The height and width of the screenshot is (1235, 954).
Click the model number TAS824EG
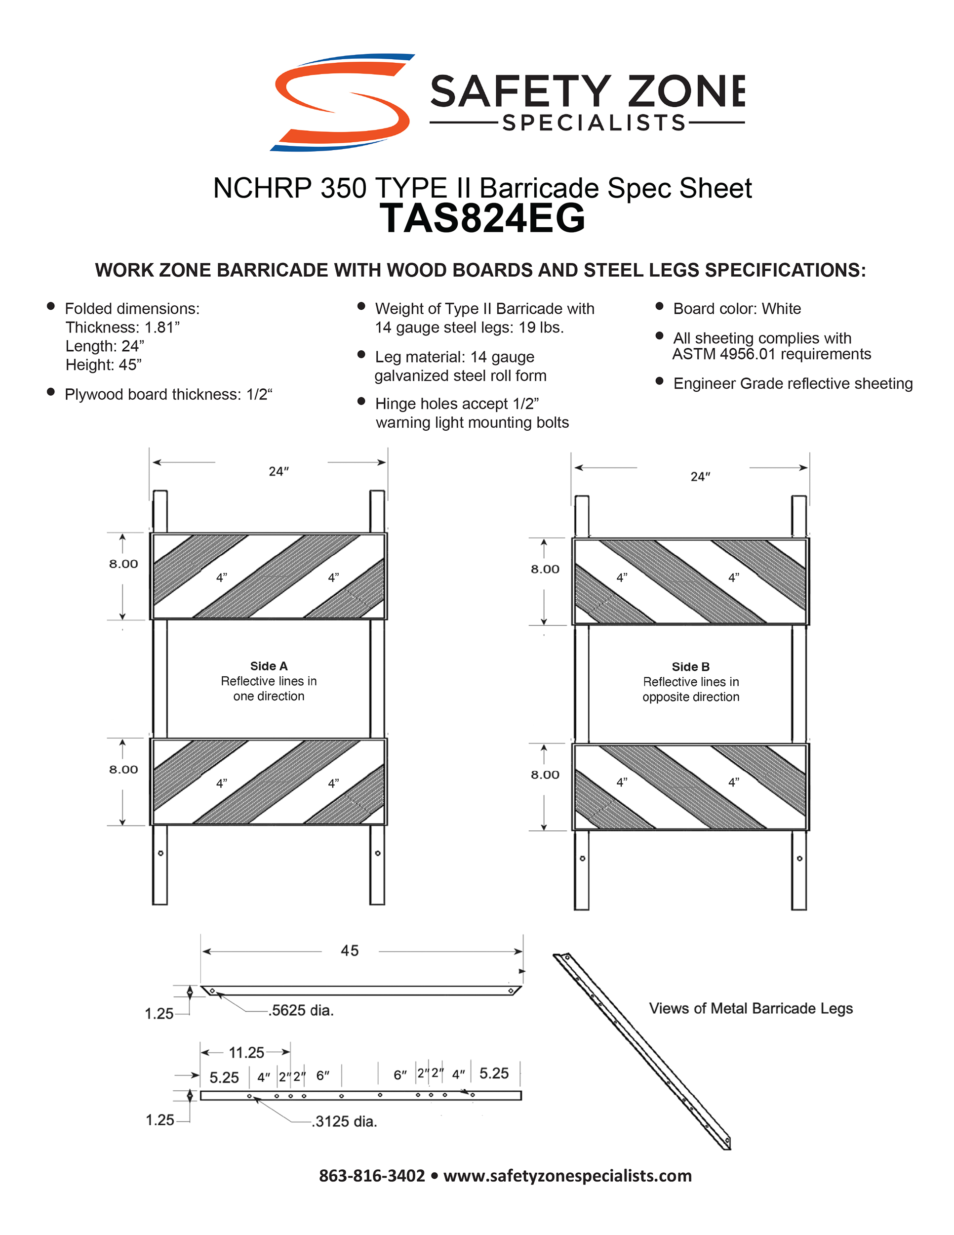tap(482, 219)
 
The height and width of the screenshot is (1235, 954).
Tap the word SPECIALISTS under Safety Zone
tap(594, 123)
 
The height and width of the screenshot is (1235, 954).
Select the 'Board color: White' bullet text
tap(736, 309)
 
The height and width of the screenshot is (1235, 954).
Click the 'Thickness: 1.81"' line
tap(122, 328)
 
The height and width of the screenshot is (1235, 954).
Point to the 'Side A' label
tap(269, 666)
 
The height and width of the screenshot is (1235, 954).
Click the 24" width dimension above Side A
tap(278, 472)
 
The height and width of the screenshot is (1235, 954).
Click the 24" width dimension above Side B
tap(700, 477)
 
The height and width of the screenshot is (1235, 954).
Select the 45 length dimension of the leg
tap(349, 950)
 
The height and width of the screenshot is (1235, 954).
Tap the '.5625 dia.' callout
tap(301, 1011)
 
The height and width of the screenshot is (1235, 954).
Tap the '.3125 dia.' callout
tap(344, 1121)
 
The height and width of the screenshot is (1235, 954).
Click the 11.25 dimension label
tap(246, 1052)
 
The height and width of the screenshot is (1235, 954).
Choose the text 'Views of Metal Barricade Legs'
tap(751, 1008)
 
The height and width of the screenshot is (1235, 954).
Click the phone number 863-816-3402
tap(371, 1176)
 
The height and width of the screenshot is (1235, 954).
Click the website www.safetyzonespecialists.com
tap(567, 1176)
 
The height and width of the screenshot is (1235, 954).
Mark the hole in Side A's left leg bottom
tap(160, 853)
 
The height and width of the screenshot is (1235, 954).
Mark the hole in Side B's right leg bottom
tap(799, 859)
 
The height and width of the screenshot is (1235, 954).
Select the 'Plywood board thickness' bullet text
tap(168, 394)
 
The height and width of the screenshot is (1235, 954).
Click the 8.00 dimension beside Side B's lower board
tap(545, 775)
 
